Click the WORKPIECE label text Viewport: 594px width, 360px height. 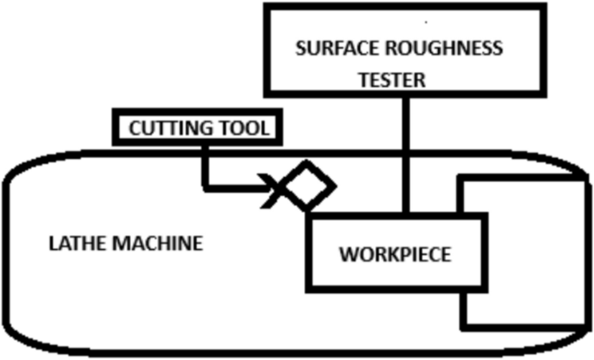(395, 256)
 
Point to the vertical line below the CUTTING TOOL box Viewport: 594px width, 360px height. (205, 165)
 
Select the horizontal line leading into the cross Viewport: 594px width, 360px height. (234, 186)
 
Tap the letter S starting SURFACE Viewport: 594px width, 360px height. (300, 49)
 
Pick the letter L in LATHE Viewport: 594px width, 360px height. (49, 244)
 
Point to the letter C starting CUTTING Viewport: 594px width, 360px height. (134, 129)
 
